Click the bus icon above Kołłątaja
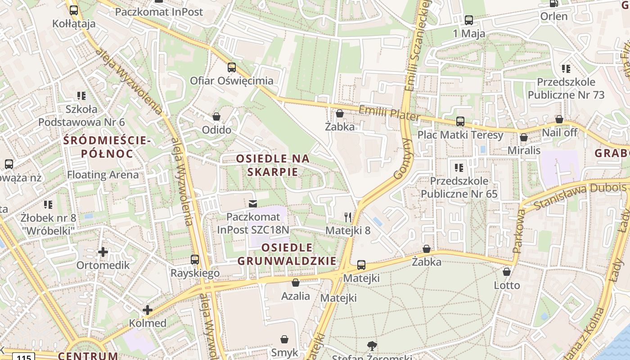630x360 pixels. point(74,10)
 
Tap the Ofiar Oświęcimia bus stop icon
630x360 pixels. point(232,67)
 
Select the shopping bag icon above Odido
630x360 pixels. point(216,117)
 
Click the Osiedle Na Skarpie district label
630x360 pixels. point(273,165)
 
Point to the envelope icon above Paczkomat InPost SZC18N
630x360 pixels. point(253,204)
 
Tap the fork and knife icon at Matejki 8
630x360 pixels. point(347,217)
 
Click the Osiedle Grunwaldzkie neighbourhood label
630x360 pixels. point(287,254)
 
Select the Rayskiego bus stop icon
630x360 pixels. point(195,260)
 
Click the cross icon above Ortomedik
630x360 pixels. point(103,252)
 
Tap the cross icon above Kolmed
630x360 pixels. point(148,310)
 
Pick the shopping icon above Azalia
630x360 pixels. point(296,283)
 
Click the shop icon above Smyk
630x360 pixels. point(284,339)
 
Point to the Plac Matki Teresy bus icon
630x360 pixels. point(460,121)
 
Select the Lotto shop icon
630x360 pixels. point(507,272)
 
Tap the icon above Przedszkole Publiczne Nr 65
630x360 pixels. point(459,168)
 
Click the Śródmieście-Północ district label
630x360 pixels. point(107,147)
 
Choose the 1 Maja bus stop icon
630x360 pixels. point(469,20)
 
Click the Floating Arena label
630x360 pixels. point(103,175)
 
